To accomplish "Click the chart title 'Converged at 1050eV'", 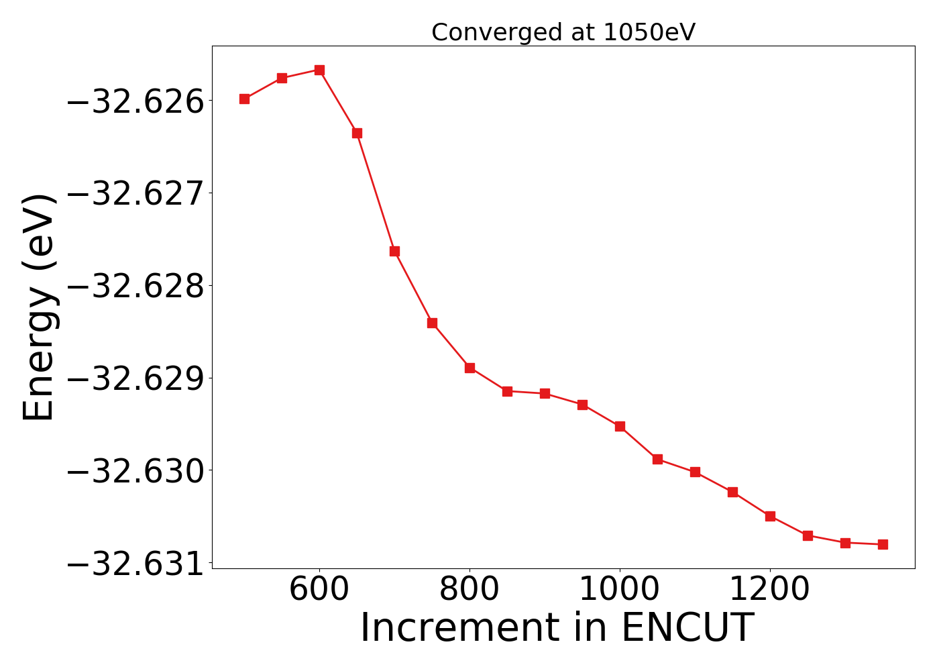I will click(x=563, y=32).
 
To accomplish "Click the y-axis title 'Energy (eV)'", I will click(x=38, y=307).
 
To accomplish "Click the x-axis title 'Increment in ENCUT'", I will click(x=557, y=628).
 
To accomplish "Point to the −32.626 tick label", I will click(x=135, y=101).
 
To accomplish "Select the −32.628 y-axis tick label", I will click(x=135, y=287).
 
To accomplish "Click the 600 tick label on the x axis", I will click(x=319, y=590).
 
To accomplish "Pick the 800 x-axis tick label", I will click(x=469, y=590).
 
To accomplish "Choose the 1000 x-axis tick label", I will click(x=620, y=590).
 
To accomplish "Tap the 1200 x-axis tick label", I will click(x=770, y=590).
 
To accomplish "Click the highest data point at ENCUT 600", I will click(x=319, y=70).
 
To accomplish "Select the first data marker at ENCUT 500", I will click(x=244, y=99).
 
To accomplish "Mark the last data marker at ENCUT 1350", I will click(x=883, y=544).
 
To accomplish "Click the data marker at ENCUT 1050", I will click(x=657, y=459).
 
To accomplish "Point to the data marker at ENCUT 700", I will click(x=394, y=251).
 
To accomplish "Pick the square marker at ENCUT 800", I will click(x=469, y=368).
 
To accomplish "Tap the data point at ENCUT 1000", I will click(x=620, y=426).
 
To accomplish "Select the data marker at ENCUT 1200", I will click(x=770, y=516).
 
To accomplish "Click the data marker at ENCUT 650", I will click(x=357, y=133).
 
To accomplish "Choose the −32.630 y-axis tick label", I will click(x=135, y=471).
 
